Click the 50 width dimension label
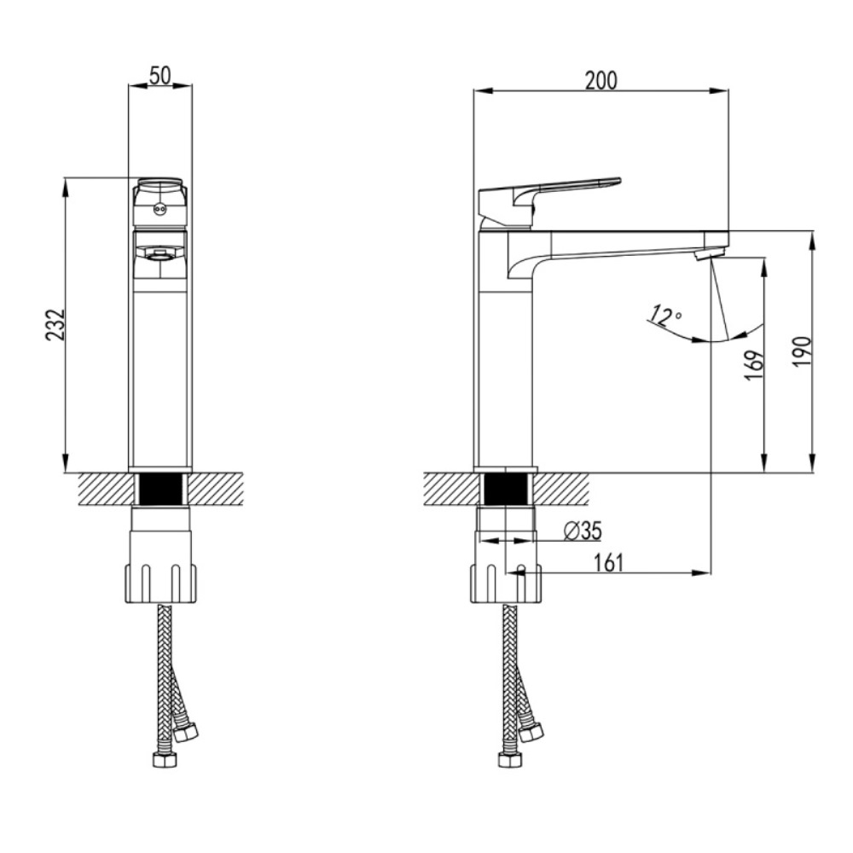point(160,74)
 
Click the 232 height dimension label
point(55,325)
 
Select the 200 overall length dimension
point(601,79)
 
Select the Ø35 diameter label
point(583,531)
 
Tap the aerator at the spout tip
point(709,253)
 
